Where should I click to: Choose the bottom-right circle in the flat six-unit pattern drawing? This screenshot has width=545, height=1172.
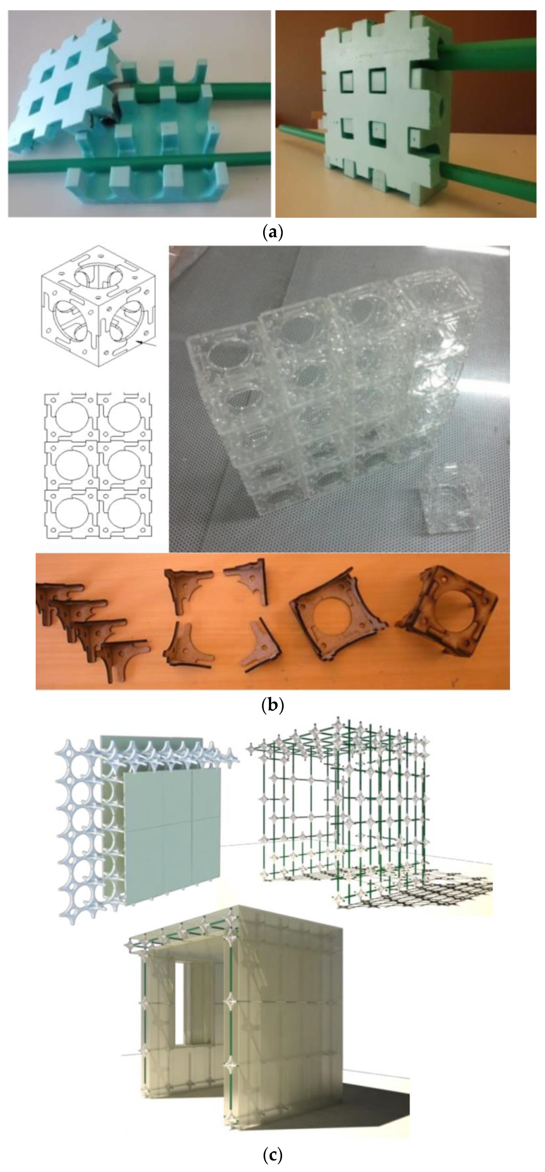tap(123, 512)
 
